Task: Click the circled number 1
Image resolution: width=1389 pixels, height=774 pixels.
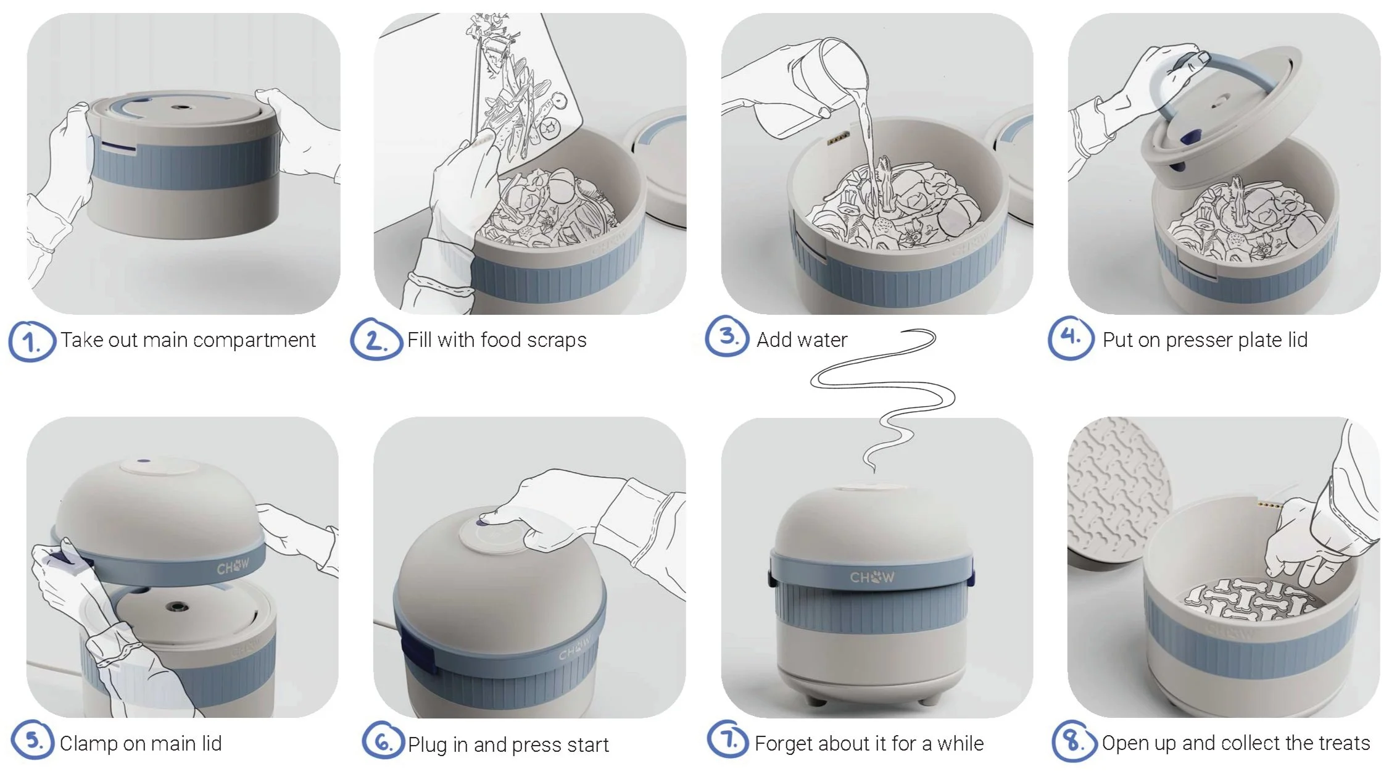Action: [31, 341]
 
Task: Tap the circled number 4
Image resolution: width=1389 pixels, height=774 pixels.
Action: [1071, 338]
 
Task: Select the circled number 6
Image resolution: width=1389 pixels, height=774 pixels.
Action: [383, 741]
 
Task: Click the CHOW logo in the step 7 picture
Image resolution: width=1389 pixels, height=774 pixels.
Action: [872, 578]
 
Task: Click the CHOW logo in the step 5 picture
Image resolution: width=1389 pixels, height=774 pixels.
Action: [233, 565]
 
